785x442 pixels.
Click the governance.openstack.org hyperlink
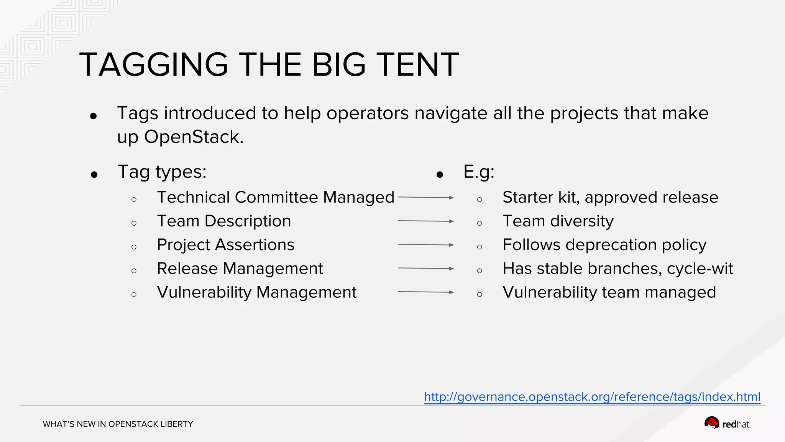coord(592,397)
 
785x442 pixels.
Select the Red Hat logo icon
coord(712,423)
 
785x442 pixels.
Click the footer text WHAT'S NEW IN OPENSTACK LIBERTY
coord(118,424)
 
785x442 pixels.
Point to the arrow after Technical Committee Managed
coord(426,198)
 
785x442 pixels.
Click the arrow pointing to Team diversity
coord(426,221)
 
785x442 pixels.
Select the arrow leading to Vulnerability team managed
coord(426,292)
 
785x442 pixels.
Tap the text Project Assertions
coord(225,245)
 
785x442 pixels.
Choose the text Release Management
coord(240,269)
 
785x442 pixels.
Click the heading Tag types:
coord(162,172)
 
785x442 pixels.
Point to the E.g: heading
coord(479,172)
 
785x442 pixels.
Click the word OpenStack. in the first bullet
coord(194,137)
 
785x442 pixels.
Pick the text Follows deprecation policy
coord(604,245)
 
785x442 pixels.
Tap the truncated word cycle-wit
coord(700,269)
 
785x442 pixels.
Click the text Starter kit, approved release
coord(610,198)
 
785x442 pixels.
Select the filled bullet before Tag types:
coord(94,175)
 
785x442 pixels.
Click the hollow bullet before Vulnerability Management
coord(134,295)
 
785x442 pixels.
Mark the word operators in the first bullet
coord(368,113)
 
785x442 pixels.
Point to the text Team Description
coord(224,221)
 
